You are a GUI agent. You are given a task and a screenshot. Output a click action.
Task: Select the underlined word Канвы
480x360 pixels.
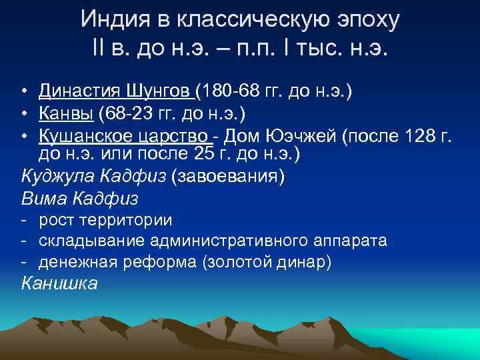(x=66, y=114)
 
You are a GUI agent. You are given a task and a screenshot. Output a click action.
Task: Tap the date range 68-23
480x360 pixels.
(x=131, y=114)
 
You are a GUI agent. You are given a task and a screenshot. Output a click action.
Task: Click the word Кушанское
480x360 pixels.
(x=85, y=137)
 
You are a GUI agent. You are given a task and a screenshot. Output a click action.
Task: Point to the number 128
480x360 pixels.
(x=419, y=137)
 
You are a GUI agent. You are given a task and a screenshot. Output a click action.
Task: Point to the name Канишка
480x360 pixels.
(x=59, y=283)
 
